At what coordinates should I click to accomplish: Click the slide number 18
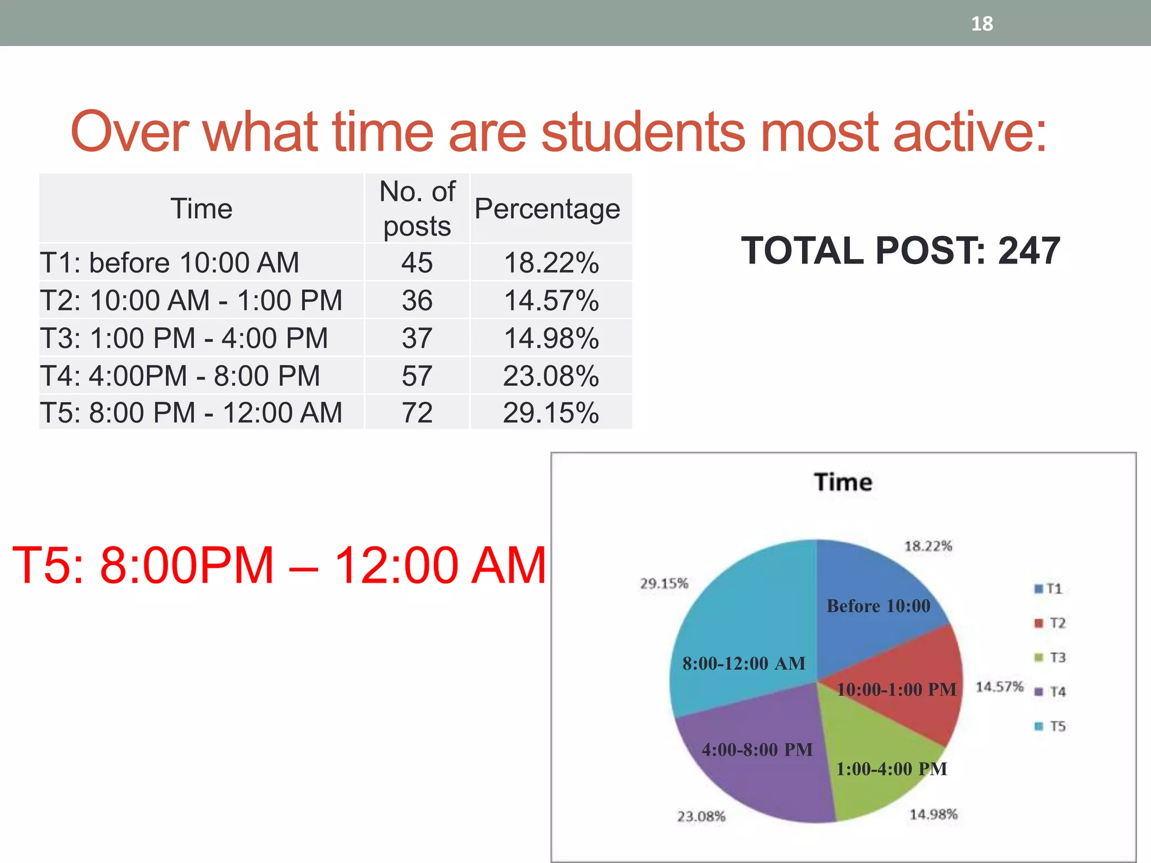[982, 24]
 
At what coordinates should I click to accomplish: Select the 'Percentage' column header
[547, 208]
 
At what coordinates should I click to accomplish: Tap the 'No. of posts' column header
[417, 208]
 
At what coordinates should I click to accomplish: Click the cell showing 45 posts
[417, 262]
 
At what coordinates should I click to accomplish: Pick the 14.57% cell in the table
[551, 300]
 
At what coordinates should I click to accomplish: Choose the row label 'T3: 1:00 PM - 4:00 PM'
[184, 338]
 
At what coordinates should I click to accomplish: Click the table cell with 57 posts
[417, 376]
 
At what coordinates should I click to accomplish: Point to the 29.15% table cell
[551, 413]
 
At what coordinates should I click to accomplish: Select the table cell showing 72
[417, 413]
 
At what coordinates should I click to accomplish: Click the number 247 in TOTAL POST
[1028, 251]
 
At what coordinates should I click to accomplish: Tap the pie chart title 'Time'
[843, 482]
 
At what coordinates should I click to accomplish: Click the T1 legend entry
[1049, 589]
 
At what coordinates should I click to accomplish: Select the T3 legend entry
[1050, 657]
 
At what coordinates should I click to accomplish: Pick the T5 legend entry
[1050, 726]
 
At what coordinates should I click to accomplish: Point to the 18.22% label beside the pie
[928, 546]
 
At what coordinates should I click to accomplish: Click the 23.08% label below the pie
[701, 816]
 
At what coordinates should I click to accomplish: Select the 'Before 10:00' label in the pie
[878, 606]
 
